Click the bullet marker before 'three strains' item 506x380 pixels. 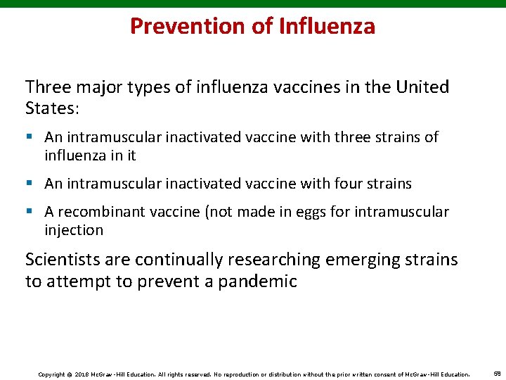pos(30,137)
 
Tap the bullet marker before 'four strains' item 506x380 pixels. pos(30,184)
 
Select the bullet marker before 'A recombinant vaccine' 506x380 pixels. pos(30,212)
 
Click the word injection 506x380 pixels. pos(74,230)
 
